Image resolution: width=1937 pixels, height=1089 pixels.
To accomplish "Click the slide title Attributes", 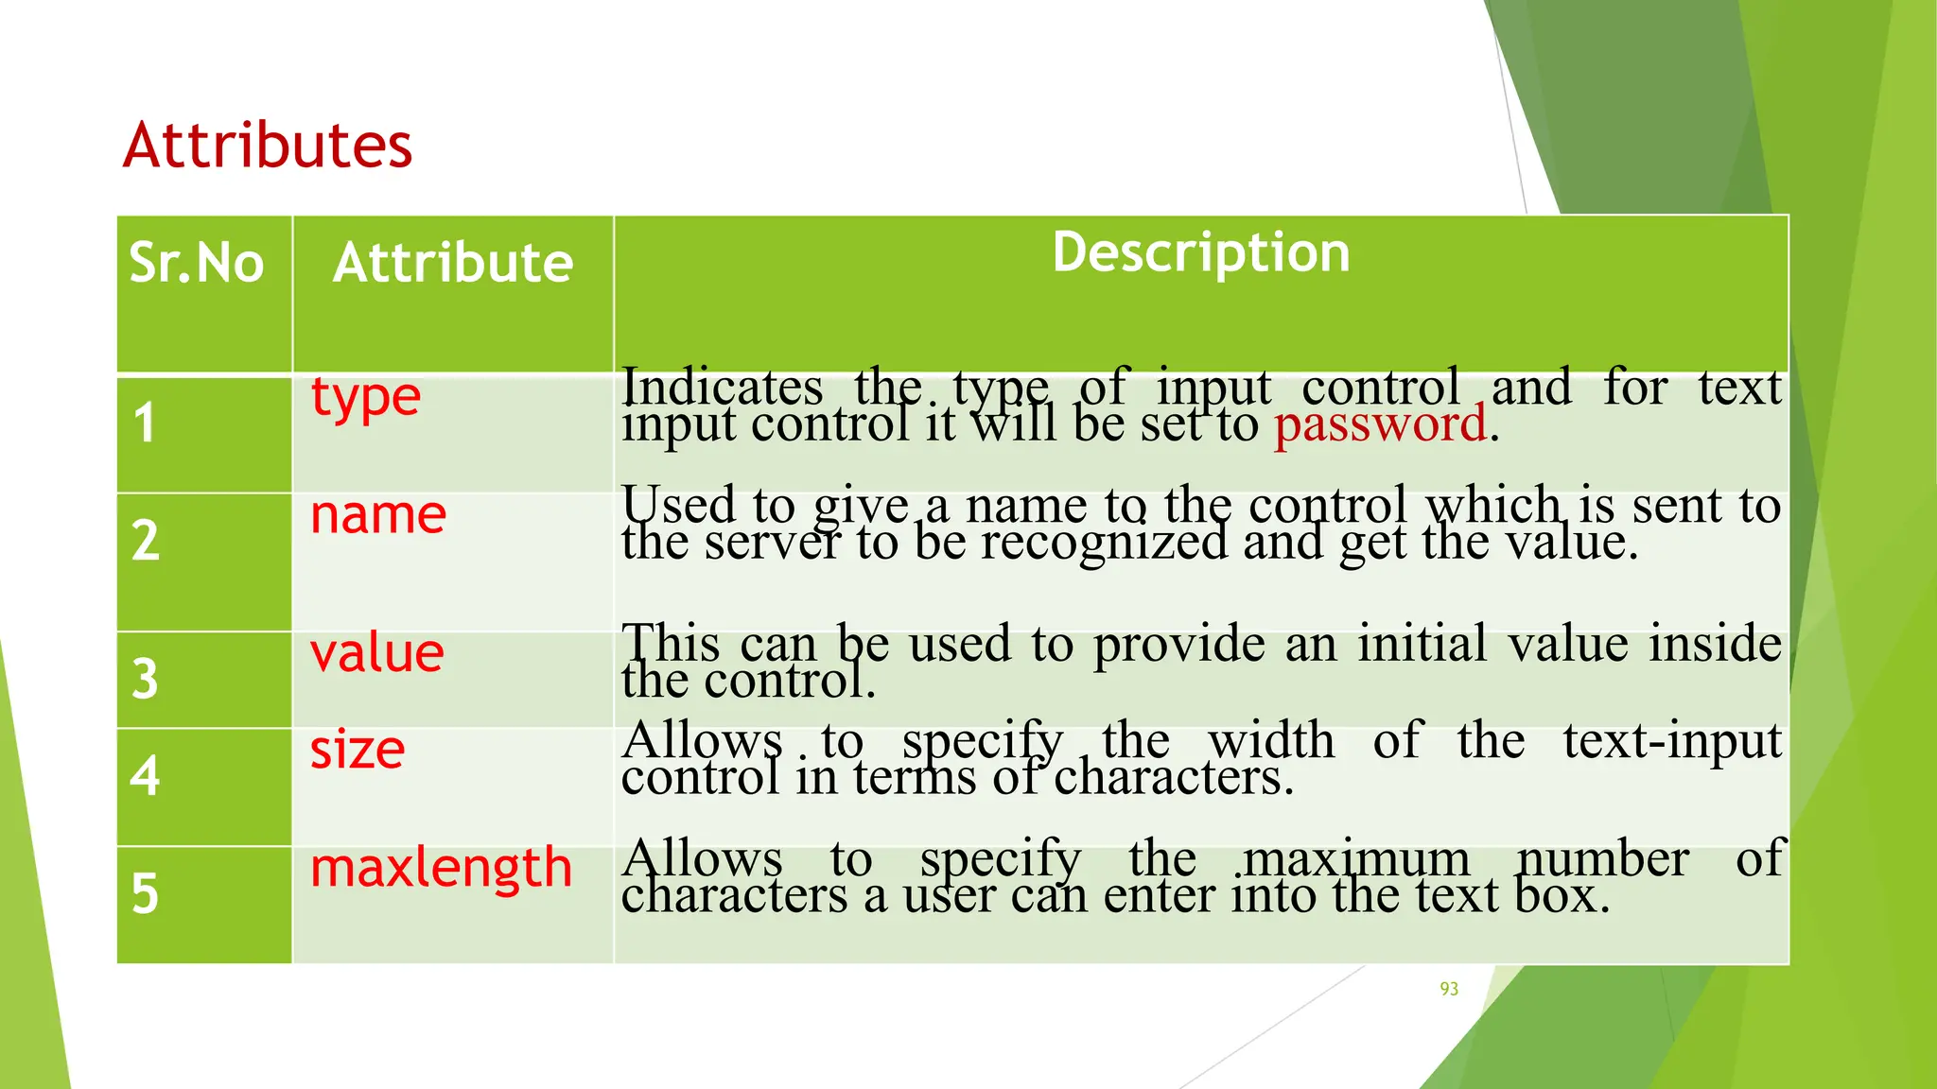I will (268, 146).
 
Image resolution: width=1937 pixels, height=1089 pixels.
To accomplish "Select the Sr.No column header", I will (196, 263).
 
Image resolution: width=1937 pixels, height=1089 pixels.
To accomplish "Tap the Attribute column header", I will (453, 263).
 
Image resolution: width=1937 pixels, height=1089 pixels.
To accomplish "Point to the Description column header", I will (1201, 253).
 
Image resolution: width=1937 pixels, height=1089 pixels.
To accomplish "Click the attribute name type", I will (365, 398).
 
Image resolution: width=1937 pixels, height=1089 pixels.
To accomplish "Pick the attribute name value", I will (376, 653).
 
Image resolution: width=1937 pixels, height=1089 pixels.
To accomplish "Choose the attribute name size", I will (358, 751).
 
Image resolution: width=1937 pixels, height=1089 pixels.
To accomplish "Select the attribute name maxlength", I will (441, 868).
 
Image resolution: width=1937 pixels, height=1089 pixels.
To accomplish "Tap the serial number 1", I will (144, 423).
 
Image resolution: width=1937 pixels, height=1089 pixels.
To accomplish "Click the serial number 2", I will (145, 541).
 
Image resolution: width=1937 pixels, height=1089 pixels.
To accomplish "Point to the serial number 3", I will (145, 679).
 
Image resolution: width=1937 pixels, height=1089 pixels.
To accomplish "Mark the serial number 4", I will (145, 776).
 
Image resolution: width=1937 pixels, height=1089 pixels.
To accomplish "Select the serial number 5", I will (145, 893).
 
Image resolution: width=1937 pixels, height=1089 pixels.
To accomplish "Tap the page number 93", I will (1449, 989).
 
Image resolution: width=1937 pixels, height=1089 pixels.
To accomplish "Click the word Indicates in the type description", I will (723, 387).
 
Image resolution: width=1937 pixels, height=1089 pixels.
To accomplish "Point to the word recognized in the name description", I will (1103, 543).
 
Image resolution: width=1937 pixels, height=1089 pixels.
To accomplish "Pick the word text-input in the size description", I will (1671, 740).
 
